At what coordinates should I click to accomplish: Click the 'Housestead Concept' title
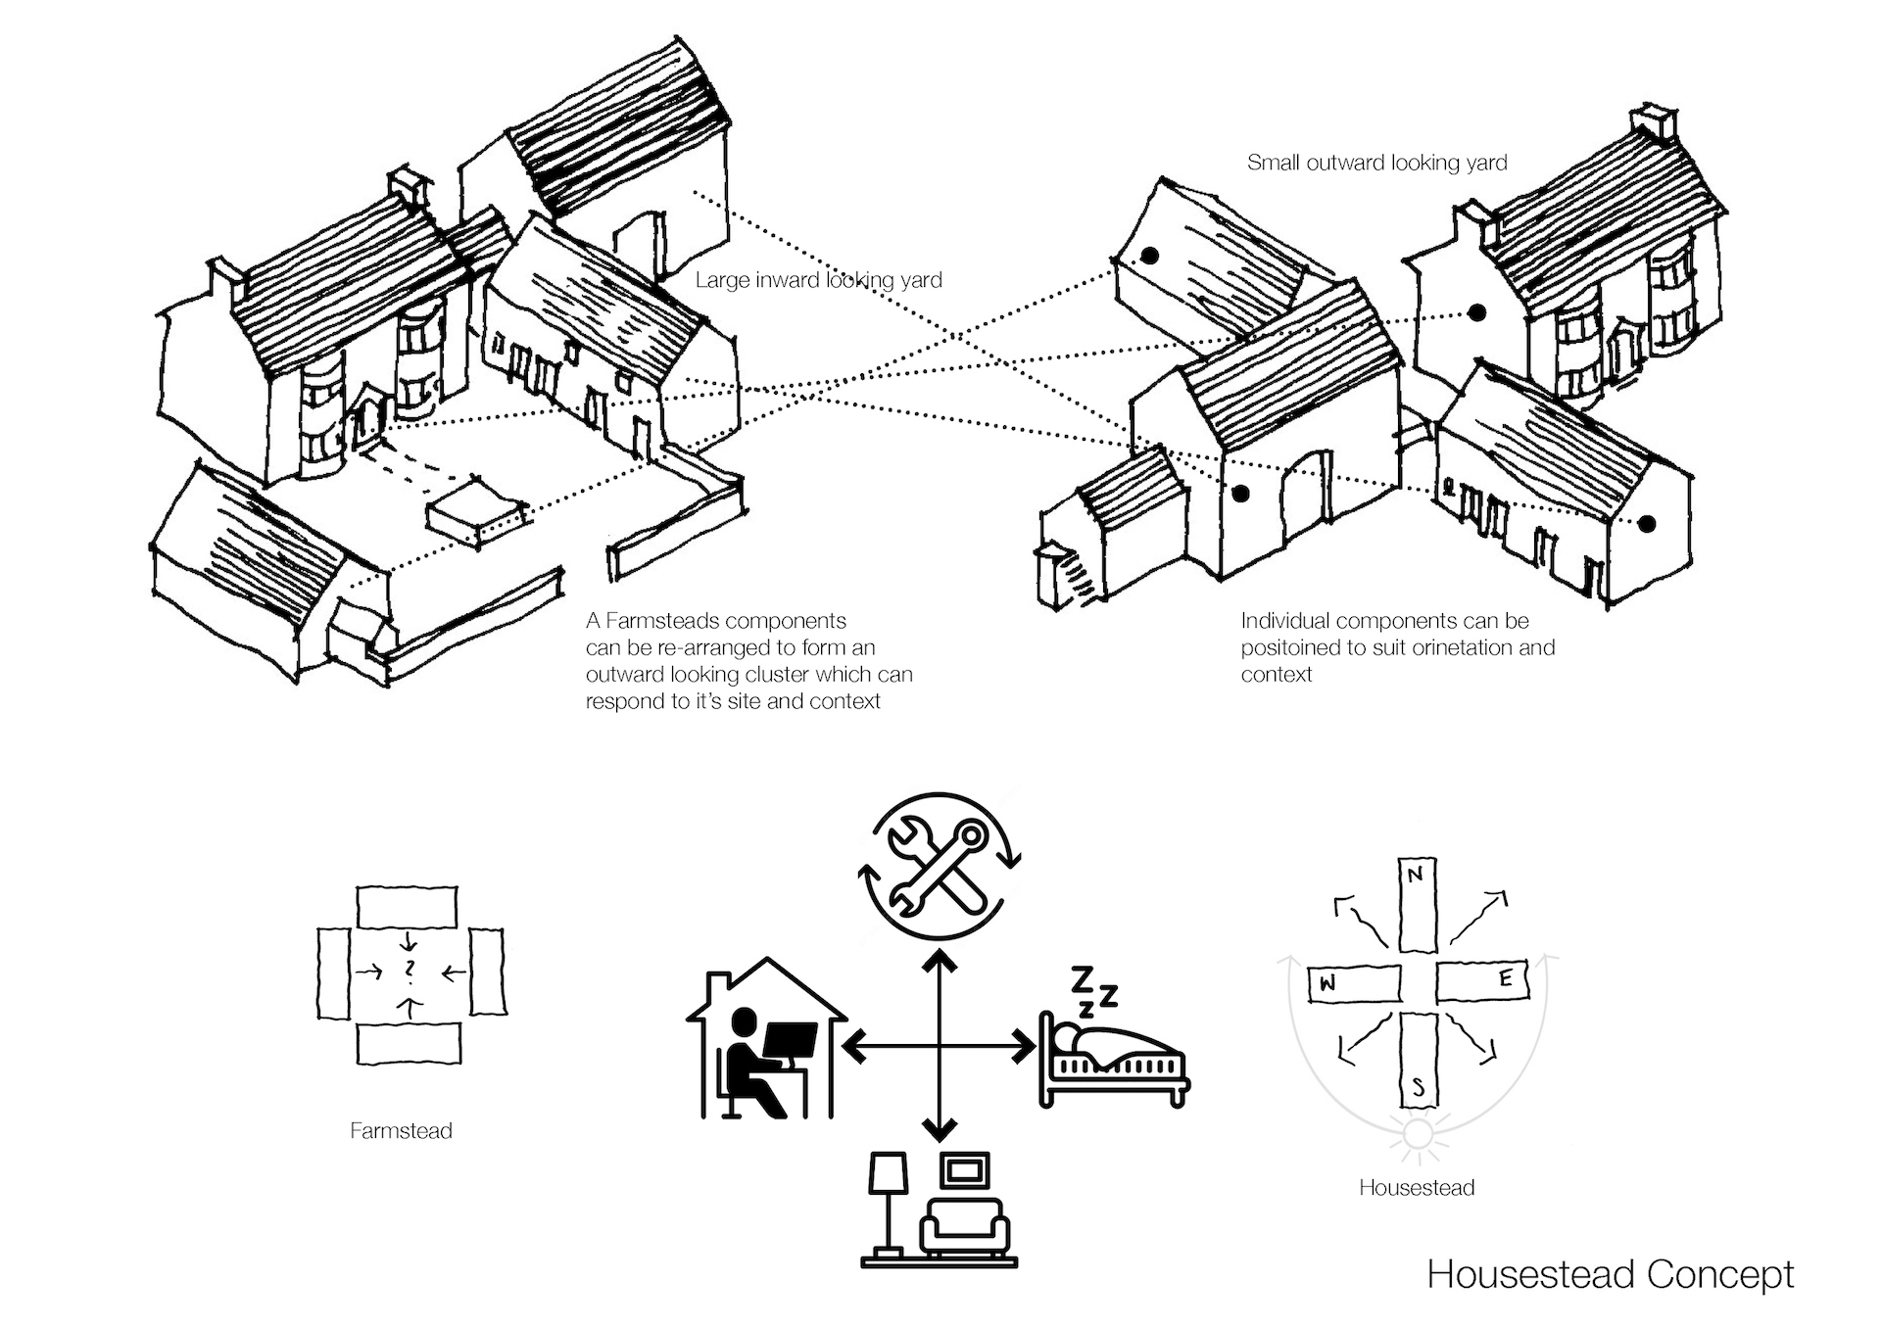pos(1610,1274)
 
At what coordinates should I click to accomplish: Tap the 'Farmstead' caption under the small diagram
pos(401,1131)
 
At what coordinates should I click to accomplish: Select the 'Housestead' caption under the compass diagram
pos(1417,1188)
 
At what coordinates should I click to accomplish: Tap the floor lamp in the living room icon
pos(888,1205)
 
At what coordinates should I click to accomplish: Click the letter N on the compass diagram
pos(1415,875)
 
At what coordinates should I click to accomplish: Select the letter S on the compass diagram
pos(1418,1088)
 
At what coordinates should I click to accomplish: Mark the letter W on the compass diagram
pos(1327,984)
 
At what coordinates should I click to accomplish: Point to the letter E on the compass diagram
pos(1506,978)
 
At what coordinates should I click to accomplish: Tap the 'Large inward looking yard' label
pos(818,280)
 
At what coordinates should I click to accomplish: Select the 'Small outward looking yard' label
pos(1376,163)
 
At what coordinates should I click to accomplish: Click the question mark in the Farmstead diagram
pos(410,969)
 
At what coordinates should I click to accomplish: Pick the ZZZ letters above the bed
pos(1091,990)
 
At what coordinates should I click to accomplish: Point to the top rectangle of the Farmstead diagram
pos(407,908)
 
